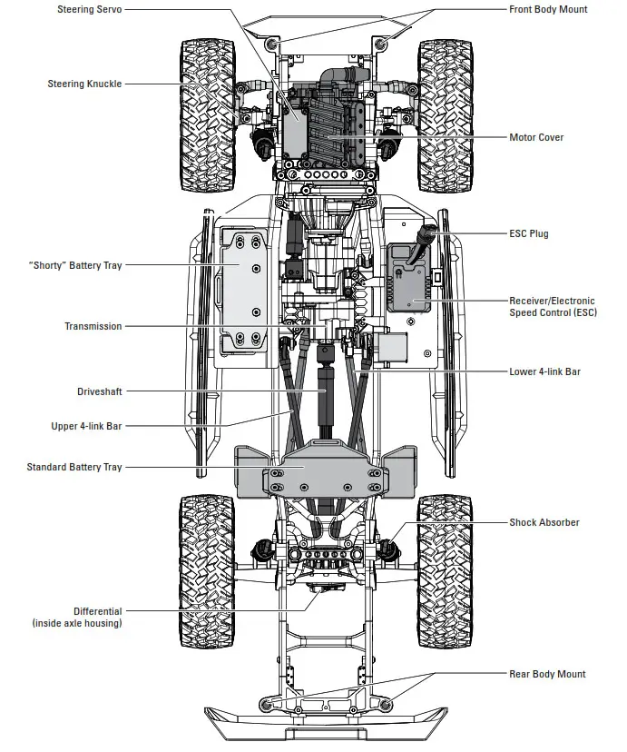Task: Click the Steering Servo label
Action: tap(89, 9)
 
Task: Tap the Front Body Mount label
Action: tap(547, 9)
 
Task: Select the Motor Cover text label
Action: tap(536, 137)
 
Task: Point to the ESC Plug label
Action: tap(528, 233)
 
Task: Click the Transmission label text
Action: tap(93, 326)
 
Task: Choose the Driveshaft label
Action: tap(99, 391)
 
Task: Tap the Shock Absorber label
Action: tap(544, 522)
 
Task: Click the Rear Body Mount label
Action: tap(546, 674)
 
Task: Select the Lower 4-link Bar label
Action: tap(544, 371)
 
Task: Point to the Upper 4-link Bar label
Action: tap(86, 426)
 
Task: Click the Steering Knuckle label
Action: tap(84, 84)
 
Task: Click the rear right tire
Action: tap(444, 569)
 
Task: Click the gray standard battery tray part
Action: tap(324, 470)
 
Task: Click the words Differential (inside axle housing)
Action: tap(77, 618)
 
